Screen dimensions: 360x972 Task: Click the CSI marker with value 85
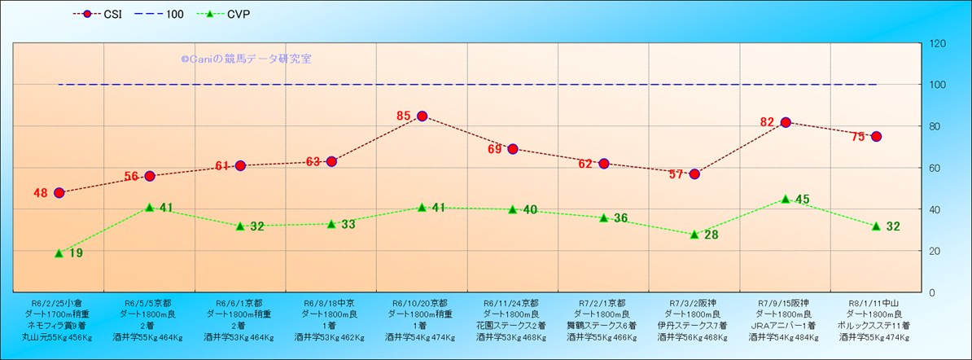(x=422, y=116)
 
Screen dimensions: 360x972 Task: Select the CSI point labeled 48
(x=59, y=193)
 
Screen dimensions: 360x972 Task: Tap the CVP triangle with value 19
(x=59, y=253)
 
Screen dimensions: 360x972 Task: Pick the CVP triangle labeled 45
(x=786, y=199)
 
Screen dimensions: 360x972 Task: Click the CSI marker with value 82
(x=786, y=122)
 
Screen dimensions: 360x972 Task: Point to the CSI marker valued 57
(x=694, y=173)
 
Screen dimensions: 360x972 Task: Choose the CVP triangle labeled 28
(x=694, y=235)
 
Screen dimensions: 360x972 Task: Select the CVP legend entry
(x=231, y=14)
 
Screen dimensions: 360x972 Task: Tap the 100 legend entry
(x=164, y=14)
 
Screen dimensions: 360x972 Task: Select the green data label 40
(x=530, y=209)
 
